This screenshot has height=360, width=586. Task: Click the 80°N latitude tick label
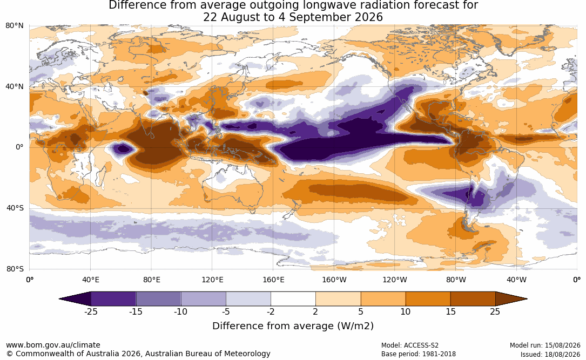tap(14, 26)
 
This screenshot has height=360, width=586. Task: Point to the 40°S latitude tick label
tap(15, 208)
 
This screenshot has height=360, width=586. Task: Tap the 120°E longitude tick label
tap(212, 280)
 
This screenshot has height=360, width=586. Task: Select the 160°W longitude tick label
tap(334, 280)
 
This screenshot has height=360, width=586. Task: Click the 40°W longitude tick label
tap(516, 280)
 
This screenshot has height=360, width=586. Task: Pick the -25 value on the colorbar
tap(91, 311)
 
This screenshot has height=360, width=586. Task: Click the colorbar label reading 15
tap(450, 311)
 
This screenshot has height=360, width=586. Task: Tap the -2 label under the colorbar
tap(271, 311)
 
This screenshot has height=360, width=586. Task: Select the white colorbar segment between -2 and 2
tap(293, 299)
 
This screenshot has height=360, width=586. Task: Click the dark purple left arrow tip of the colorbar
tap(60, 299)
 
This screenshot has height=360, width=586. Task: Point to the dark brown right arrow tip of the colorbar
tap(526, 299)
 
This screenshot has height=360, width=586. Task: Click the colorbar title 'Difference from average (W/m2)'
tap(293, 326)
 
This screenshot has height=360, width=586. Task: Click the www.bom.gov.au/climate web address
tap(53, 345)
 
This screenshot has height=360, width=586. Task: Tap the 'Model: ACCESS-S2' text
tap(410, 345)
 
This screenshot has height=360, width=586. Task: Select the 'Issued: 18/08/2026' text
tap(550, 354)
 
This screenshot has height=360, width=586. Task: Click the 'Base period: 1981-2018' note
tap(419, 354)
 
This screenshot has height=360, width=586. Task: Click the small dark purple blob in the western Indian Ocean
tap(122, 149)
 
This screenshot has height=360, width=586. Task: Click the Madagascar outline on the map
tap(100, 175)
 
